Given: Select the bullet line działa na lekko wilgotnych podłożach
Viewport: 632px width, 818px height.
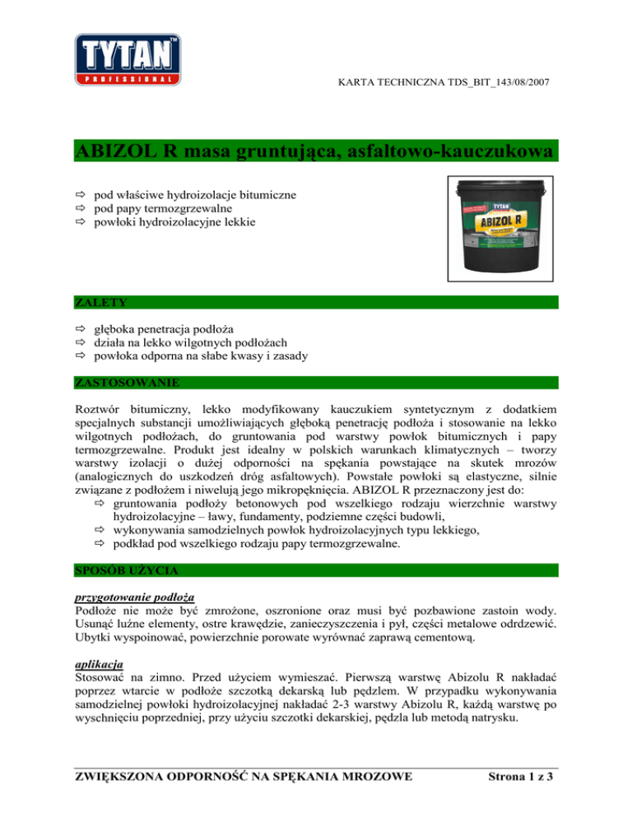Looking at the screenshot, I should pyautogui.click(x=192, y=342).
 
